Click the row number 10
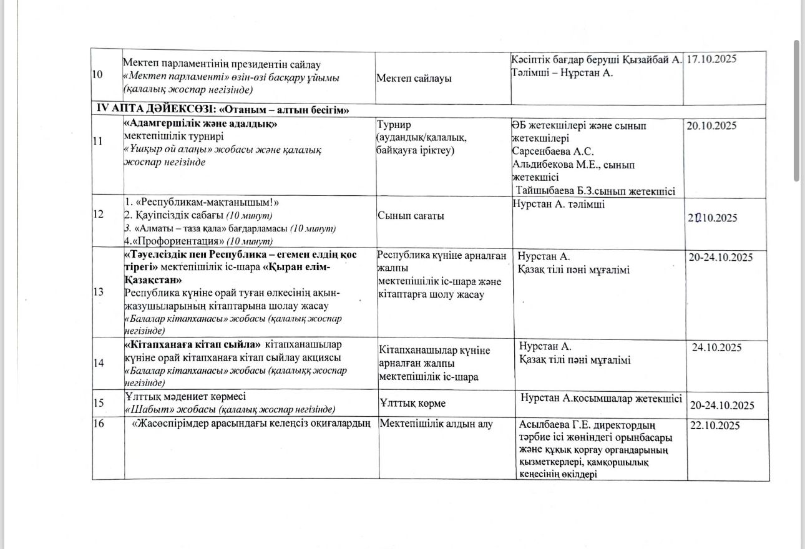[97, 75]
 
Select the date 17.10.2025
[712, 59]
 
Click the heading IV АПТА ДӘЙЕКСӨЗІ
[155, 110]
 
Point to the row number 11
[97, 141]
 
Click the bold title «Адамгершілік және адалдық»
[201, 124]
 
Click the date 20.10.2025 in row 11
[711, 125]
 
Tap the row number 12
[97, 215]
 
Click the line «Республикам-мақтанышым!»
[201, 203]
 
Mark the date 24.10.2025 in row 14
[717, 347]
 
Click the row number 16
[97, 425]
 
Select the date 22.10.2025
[713, 425]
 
